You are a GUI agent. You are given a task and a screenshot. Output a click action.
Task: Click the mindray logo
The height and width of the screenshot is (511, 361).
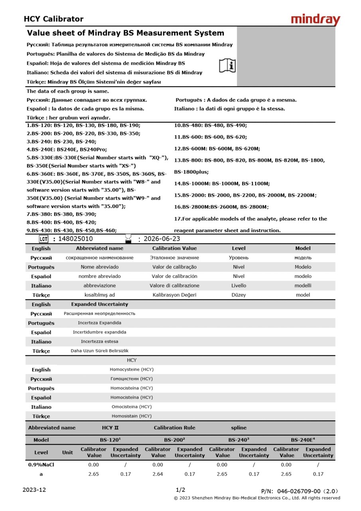click(x=315, y=20)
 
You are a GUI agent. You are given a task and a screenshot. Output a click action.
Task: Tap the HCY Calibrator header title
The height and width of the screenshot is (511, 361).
click(x=53, y=19)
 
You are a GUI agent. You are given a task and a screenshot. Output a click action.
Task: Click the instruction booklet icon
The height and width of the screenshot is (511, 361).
click(x=227, y=65)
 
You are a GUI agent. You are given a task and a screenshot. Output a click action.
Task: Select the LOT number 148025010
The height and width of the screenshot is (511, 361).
click(x=75, y=239)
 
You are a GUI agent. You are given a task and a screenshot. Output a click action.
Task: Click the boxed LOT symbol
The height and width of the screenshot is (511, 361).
click(x=43, y=239)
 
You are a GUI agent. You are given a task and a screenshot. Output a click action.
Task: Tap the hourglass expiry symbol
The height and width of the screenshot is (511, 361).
click(x=128, y=238)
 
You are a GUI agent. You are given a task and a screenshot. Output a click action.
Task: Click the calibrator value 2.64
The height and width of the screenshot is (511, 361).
click(x=158, y=474)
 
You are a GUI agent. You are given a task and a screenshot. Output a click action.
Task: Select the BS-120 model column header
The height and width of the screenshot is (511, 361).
click(x=110, y=440)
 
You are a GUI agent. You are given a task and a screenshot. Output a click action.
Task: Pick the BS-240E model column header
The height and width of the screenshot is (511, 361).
click(x=302, y=440)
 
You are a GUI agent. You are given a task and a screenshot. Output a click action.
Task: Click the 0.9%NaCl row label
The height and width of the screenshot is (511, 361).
click(x=41, y=465)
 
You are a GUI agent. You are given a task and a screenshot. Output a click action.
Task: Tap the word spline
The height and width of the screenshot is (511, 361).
click(x=239, y=428)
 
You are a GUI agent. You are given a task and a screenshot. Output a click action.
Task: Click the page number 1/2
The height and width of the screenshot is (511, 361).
click(x=180, y=490)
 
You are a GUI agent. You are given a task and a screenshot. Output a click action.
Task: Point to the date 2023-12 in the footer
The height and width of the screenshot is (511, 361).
click(x=34, y=490)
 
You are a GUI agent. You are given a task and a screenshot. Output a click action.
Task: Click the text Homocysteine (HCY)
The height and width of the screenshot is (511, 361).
click(x=131, y=370)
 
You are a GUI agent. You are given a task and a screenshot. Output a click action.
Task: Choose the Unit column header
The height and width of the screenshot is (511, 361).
click(x=67, y=452)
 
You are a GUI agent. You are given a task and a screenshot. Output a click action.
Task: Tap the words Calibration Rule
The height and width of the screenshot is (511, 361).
click(x=174, y=428)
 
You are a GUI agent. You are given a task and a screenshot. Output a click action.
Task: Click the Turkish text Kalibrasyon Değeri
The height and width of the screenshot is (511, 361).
click(x=174, y=295)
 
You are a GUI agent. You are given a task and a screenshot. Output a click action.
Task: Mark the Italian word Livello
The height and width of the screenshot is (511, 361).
click(x=239, y=286)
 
